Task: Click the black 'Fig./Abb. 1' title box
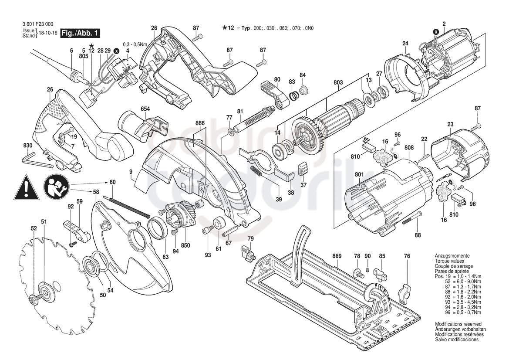tap(80, 33)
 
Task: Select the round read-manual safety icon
tap(56, 187)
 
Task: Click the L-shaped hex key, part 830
tap(37, 162)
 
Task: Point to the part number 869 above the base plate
tap(337, 256)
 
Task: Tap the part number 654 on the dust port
tap(145, 109)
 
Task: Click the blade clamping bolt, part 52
tap(35, 298)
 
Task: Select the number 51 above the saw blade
tap(44, 221)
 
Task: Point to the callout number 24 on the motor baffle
tap(405, 43)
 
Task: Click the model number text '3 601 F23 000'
tap(38, 24)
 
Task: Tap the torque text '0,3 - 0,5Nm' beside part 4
tap(135, 44)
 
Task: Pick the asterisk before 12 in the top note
tap(224, 28)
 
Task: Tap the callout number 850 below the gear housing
tap(185, 246)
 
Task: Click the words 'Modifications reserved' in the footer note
tap(458, 324)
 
